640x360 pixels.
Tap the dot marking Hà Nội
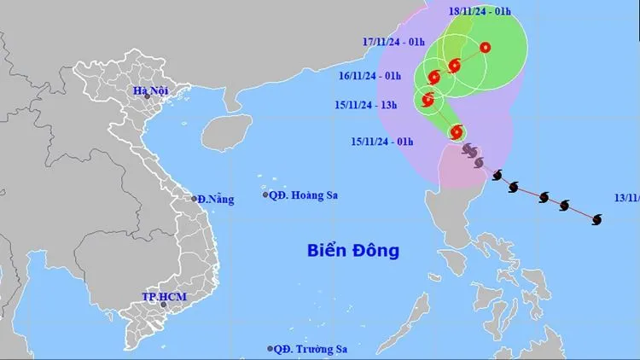click(148, 97)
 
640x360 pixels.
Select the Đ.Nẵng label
click(216, 199)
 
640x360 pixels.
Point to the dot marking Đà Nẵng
click(195, 199)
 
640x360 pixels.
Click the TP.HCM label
click(164, 296)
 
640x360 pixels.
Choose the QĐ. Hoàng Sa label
click(304, 195)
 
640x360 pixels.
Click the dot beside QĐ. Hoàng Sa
click(265, 195)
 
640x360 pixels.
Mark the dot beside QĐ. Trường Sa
click(271, 349)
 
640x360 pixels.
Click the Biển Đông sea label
click(353, 251)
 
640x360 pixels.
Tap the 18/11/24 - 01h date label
click(480, 11)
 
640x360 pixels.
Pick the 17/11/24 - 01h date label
click(393, 41)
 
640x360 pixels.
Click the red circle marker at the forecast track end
click(485, 48)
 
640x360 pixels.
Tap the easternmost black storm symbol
click(596, 220)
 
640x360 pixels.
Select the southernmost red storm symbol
click(456, 131)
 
